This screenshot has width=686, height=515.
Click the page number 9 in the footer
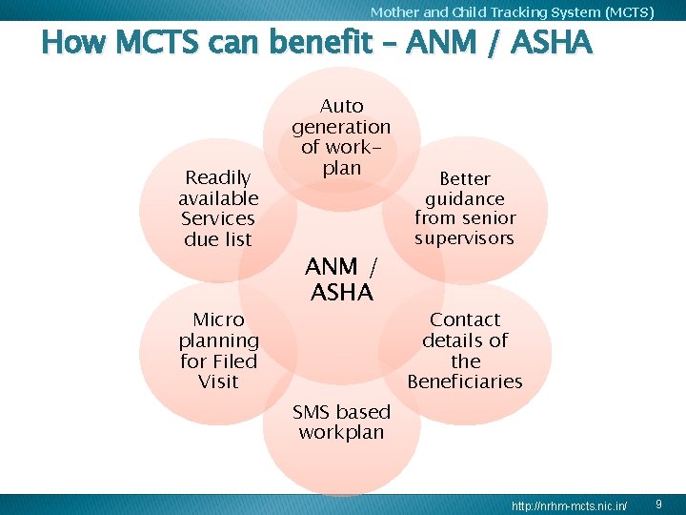pyautogui.click(x=658, y=503)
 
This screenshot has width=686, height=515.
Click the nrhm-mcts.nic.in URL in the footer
pyautogui.click(x=569, y=504)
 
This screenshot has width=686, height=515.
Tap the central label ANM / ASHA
pyautogui.click(x=341, y=279)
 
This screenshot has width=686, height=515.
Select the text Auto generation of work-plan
pyautogui.click(x=341, y=136)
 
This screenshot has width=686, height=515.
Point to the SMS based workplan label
pyautogui.click(x=341, y=422)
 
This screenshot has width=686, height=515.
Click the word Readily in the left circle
pyautogui.click(x=218, y=177)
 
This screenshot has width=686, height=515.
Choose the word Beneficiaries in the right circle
pyautogui.click(x=465, y=381)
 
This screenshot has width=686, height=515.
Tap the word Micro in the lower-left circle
pyautogui.click(x=218, y=319)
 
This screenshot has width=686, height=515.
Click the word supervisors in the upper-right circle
pyautogui.click(x=464, y=238)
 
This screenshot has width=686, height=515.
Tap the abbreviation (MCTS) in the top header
pyautogui.click(x=630, y=12)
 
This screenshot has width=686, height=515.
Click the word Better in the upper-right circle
pyautogui.click(x=464, y=178)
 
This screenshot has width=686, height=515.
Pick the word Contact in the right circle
pyautogui.click(x=465, y=319)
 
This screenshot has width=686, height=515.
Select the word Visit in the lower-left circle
pyautogui.click(x=218, y=381)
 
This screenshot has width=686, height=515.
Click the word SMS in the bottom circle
pyautogui.click(x=312, y=412)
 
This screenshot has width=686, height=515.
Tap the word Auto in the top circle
pyautogui.click(x=341, y=106)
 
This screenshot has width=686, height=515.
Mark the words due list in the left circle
pyautogui.click(x=218, y=239)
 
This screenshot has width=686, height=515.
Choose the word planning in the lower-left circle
pyautogui.click(x=218, y=340)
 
